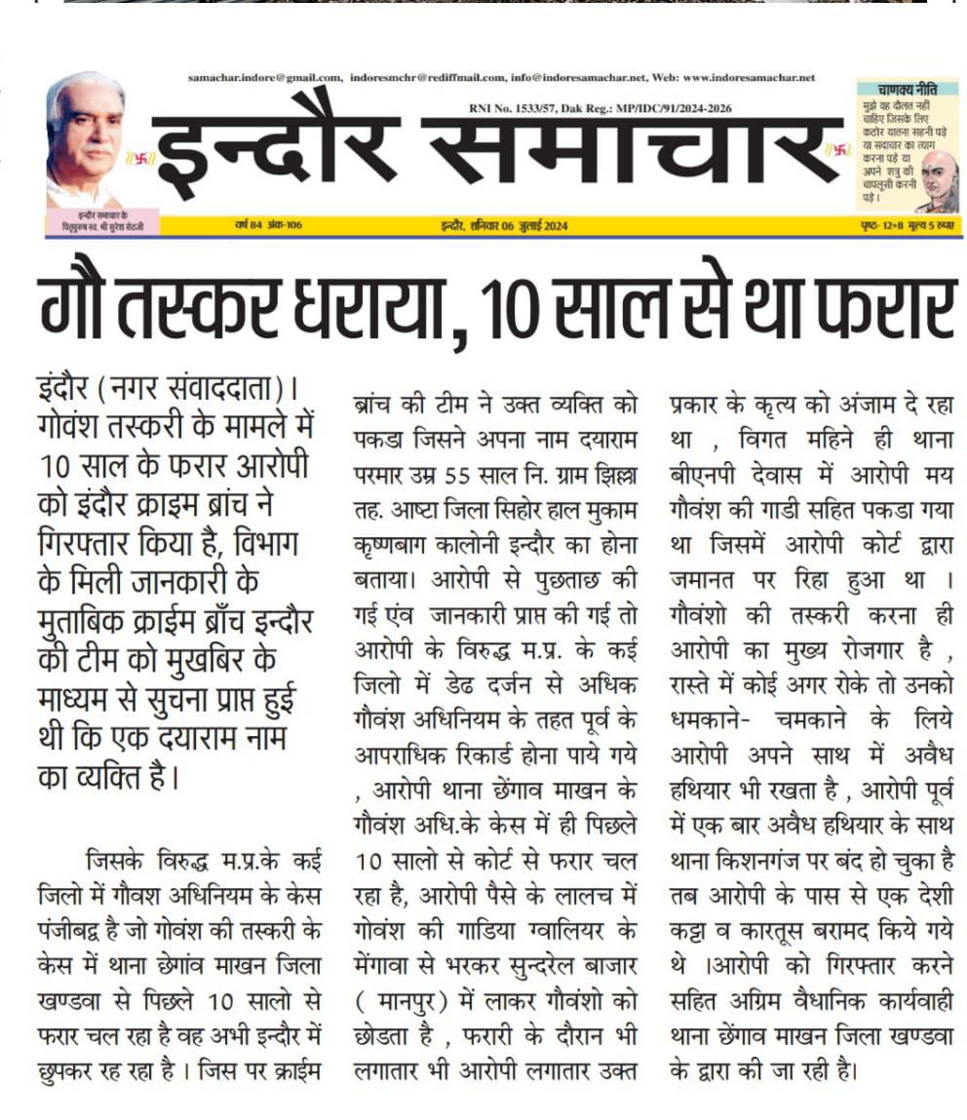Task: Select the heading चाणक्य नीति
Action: coord(907,88)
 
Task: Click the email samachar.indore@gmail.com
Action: coord(265,78)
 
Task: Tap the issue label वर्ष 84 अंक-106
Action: coord(268,226)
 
